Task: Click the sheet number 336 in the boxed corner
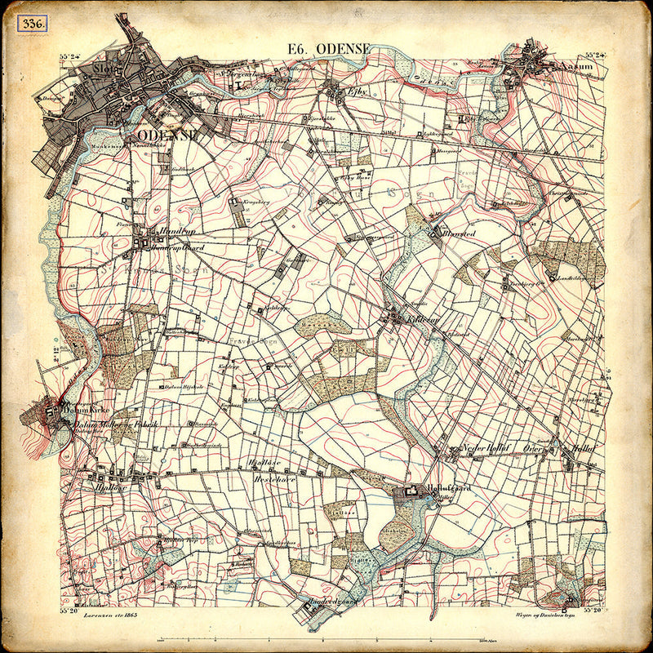point(34,23)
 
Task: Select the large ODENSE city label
point(168,135)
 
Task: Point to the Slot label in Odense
point(106,69)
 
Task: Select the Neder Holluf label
point(486,448)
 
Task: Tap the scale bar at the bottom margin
point(326,637)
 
